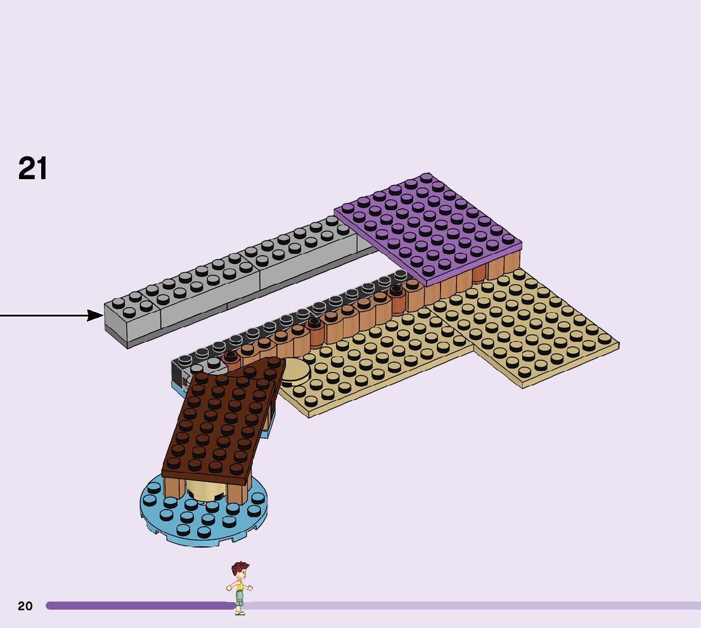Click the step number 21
point(33,169)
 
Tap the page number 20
point(25,606)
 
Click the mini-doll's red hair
point(240,567)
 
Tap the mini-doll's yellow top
point(240,586)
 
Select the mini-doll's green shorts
point(240,599)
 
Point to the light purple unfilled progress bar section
point(475,606)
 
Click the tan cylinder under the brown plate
point(204,490)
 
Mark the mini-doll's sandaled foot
point(240,612)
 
